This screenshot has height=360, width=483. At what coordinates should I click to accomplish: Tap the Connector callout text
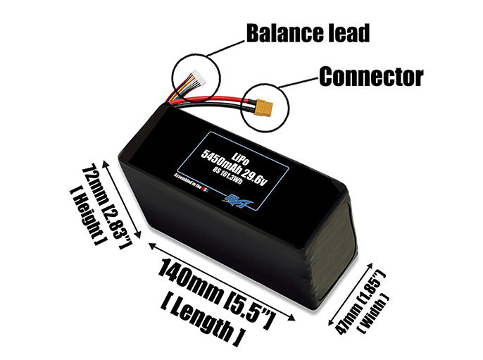coord(371,76)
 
